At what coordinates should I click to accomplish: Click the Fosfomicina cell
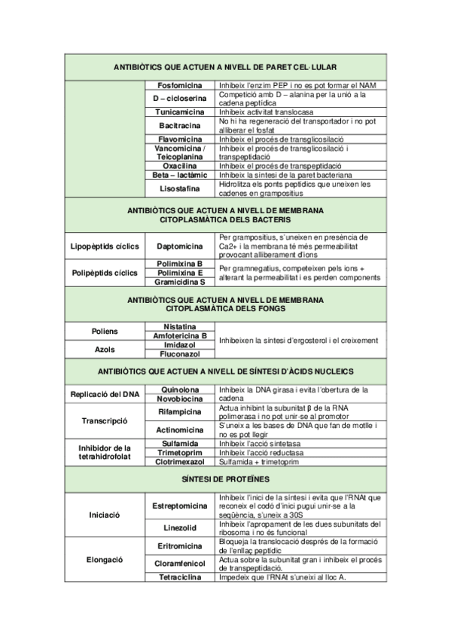point(179,85)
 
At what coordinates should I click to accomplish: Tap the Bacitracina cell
point(179,125)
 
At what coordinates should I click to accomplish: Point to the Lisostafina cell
point(179,188)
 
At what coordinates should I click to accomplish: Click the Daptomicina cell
point(179,246)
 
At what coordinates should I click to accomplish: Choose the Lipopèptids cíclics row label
point(105,246)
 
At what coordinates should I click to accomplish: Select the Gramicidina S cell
point(179,282)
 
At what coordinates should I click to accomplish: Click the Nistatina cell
point(179,326)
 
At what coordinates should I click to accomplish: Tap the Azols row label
point(105,349)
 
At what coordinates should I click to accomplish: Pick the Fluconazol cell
point(179,353)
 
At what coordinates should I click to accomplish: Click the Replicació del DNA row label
point(105,394)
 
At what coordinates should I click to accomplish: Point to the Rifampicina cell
point(179,412)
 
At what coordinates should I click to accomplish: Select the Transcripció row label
point(105,421)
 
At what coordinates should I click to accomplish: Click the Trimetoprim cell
point(179,452)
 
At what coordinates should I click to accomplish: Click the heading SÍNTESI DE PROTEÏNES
point(225,479)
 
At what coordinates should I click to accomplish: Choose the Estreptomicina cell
point(179,505)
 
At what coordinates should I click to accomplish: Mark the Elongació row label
point(105,560)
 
